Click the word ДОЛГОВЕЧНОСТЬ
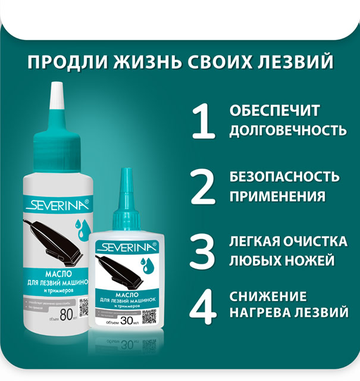pos(287,129)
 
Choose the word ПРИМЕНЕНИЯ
pos(277,196)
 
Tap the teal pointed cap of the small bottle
pos(126,190)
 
